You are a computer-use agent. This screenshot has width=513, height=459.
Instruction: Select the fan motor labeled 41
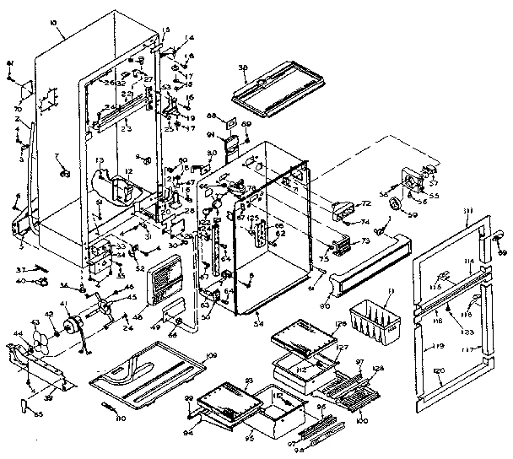coord(78,324)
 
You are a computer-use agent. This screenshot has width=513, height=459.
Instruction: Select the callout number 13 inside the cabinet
coord(100,159)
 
